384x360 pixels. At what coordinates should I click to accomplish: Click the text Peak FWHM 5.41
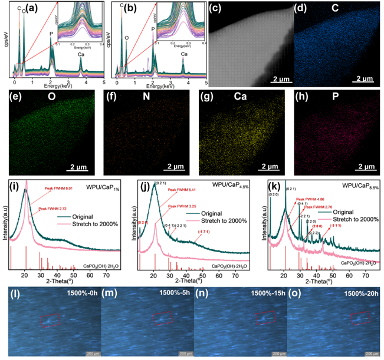(x=185, y=190)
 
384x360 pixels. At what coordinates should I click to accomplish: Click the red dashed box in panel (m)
(x=161, y=318)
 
